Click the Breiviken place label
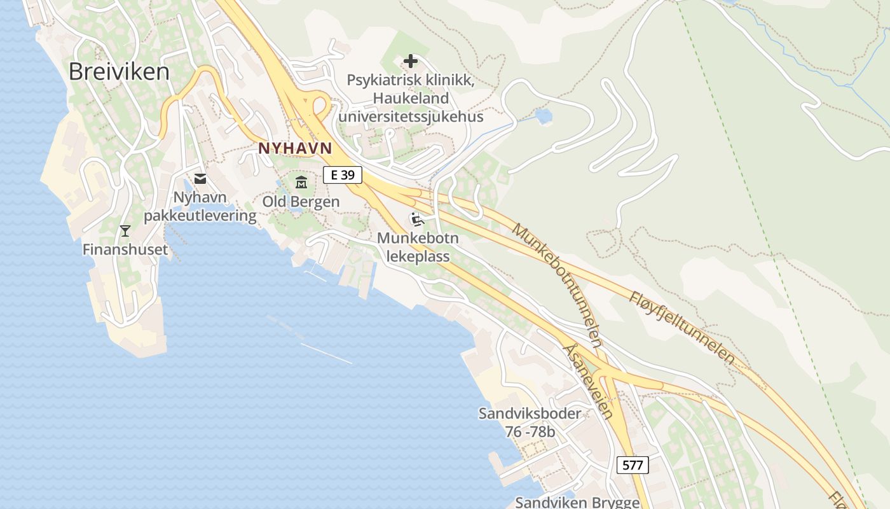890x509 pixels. pyautogui.click(x=119, y=72)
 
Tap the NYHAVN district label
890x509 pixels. pyautogui.click(x=295, y=148)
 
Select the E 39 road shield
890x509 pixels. pyautogui.click(x=342, y=175)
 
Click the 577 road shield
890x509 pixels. pyautogui.click(x=633, y=465)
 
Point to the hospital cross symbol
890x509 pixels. pyautogui.click(x=411, y=62)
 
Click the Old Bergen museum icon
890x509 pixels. pyautogui.click(x=301, y=183)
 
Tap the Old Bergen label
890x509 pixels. pyautogui.click(x=301, y=202)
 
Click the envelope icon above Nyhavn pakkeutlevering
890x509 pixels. pyautogui.click(x=200, y=179)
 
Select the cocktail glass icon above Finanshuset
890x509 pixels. pyautogui.click(x=125, y=230)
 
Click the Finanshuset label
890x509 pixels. pyautogui.click(x=125, y=249)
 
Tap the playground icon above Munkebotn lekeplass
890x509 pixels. pyautogui.click(x=417, y=220)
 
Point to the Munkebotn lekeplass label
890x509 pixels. pyautogui.click(x=418, y=248)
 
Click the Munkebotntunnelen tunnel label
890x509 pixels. pyautogui.click(x=557, y=285)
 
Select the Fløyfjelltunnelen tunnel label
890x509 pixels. pyautogui.click(x=682, y=328)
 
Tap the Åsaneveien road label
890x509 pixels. pyautogui.click(x=589, y=382)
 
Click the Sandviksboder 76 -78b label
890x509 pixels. pyautogui.click(x=530, y=422)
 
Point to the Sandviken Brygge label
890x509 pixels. pyautogui.click(x=577, y=502)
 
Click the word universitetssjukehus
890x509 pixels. pyautogui.click(x=411, y=117)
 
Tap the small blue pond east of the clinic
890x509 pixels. pyautogui.click(x=544, y=116)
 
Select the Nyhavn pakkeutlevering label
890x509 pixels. pyautogui.click(x=200, y=207)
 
